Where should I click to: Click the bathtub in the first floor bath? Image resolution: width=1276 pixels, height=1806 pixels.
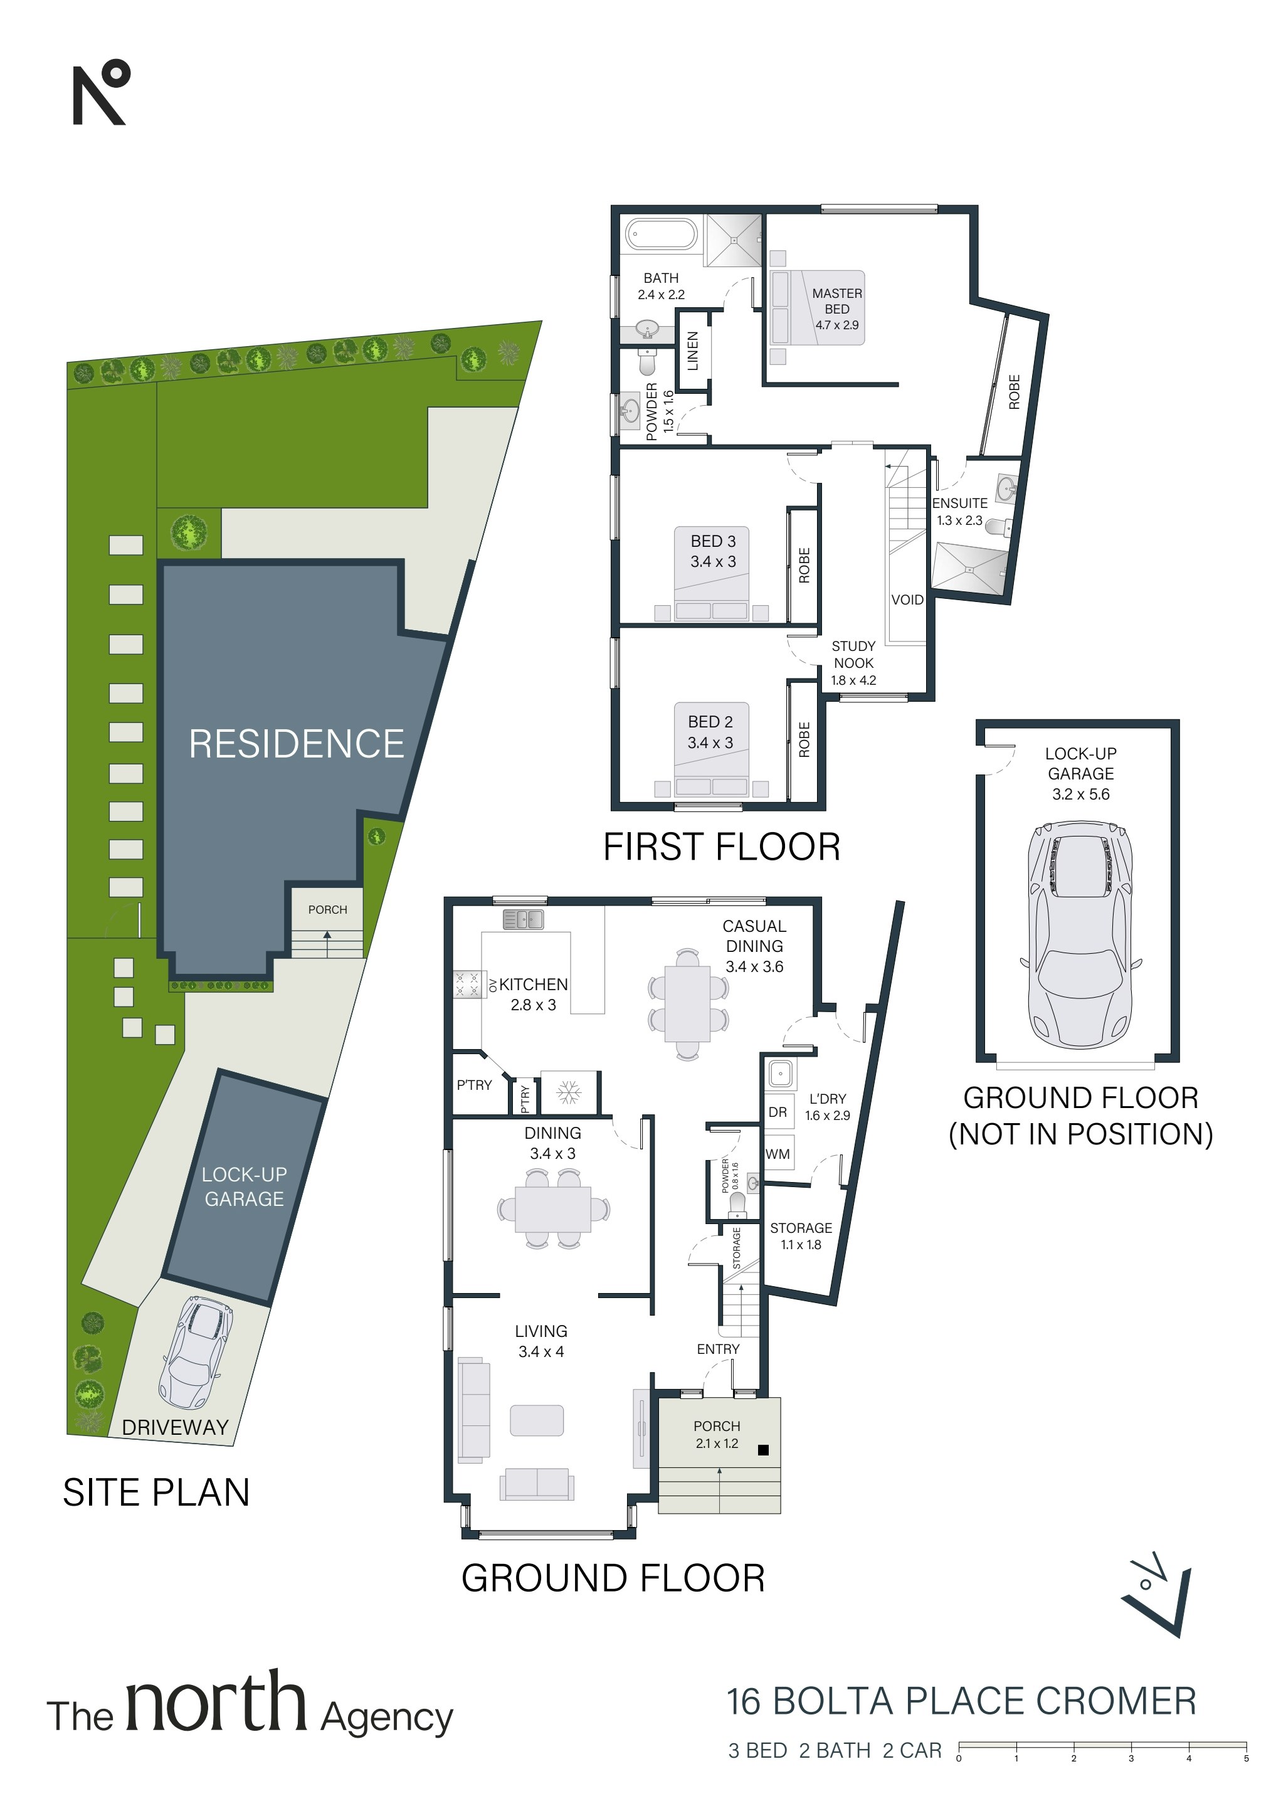coord(662,235)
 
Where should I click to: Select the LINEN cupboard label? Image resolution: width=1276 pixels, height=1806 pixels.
coord(693,351)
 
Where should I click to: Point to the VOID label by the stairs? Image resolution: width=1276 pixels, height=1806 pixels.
coord(907,599)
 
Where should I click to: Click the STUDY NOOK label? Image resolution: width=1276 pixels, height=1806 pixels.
coord(853,655)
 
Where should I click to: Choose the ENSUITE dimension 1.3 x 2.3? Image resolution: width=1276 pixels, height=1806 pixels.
coord(960,520)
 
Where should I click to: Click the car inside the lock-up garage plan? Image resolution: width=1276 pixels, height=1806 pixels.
coord(1081,935)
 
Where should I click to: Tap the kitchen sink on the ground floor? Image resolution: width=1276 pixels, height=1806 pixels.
coord(523,919)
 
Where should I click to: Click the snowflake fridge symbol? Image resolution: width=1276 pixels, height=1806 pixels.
coord(568,1092)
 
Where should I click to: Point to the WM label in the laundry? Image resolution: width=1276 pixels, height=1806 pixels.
coord(778,1154)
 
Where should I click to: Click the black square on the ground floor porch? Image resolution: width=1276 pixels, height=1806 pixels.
coord(762,1450)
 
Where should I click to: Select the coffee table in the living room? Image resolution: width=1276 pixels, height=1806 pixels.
coord(537,1420)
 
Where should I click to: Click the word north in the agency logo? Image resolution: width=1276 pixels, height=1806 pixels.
coord(216,1701)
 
